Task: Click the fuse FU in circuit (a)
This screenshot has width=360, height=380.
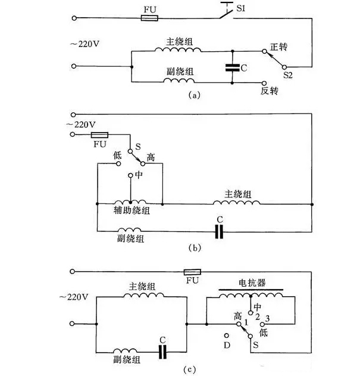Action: (149, 18)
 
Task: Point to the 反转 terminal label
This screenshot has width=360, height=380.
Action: (270, 92)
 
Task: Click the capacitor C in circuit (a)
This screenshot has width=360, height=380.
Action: (233, 68)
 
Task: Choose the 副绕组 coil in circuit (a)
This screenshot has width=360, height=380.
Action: (177, 82)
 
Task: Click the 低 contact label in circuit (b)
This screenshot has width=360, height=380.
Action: (117, 153)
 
